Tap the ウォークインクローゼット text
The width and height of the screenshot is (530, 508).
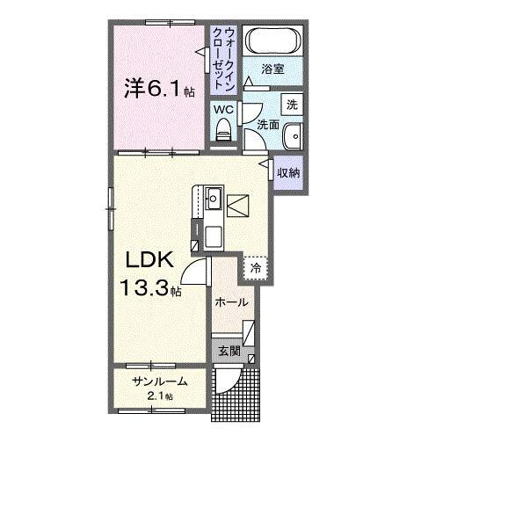click(x=223, y=54)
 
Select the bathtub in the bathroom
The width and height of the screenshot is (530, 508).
click(x=272, y=40)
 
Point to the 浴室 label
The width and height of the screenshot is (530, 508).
click(x=272, y=69)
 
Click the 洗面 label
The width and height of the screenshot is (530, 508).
click(x=268, y=125)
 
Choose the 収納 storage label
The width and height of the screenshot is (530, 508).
click(x=289, y=172)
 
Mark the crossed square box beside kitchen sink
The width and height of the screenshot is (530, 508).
click(x=238, y=206)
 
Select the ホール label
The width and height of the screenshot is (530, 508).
click(x=231, y=302)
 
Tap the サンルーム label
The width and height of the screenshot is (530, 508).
click(x=159, y=381)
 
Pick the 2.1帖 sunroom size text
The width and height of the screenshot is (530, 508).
click(x=159, y=396)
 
